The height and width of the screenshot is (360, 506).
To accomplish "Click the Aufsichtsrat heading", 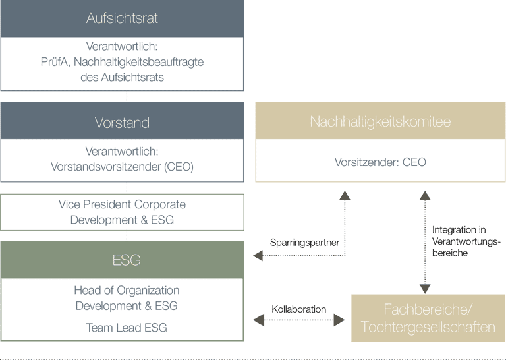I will click(122, 18).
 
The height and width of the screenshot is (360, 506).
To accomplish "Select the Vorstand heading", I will click(122, 123).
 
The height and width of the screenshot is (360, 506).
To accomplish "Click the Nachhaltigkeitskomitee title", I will click(380, 122).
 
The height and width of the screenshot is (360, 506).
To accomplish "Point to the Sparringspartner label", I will click(304, 243).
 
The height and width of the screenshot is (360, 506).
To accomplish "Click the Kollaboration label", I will click(298, 309).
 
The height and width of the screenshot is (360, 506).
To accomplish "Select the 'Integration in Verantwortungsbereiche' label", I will click(466, 241).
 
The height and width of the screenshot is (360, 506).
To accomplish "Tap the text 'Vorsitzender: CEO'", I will click(380, 162).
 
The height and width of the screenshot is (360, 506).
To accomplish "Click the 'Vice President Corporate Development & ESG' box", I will click(122, 212).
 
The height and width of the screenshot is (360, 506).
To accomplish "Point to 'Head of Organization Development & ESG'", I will click(126, 298).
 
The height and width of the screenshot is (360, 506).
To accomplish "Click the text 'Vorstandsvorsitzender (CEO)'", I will click(122, 167).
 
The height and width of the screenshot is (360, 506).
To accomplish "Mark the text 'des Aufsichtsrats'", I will click(122, 77).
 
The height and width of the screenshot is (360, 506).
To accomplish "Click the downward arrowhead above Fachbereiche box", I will click(425, 288).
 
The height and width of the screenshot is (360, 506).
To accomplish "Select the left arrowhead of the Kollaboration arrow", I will click(257, 320).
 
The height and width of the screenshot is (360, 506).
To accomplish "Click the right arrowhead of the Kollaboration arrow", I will click(341, 320).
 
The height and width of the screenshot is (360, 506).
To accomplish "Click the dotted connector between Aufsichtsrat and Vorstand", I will click(126, 96).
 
